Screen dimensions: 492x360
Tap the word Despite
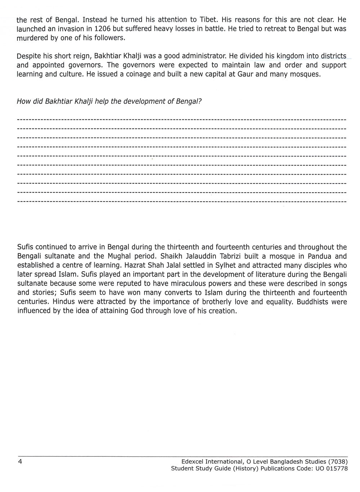coord(28,57)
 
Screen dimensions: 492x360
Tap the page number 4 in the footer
coord(20,462)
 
